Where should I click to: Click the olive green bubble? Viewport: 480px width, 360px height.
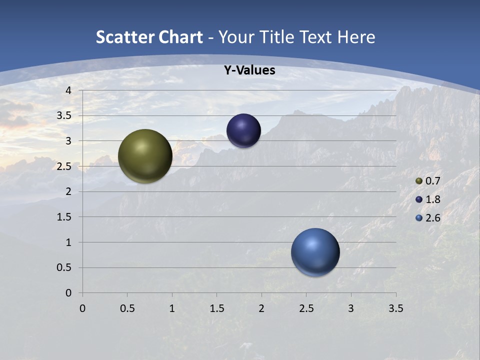pyautogui.click(x=145, y=156)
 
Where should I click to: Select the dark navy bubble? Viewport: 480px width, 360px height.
pyautogui.click(x=243, y=131)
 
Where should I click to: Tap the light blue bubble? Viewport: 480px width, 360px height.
pyautogui.click(x=315, y=252)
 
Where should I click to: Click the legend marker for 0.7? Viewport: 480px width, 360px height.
pyautogui.click(x=419, y=181)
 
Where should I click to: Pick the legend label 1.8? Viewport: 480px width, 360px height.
pyautogui.click(x=432, y=199)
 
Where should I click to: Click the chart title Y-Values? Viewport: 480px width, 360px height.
pyautogui.click(x=249, y=70)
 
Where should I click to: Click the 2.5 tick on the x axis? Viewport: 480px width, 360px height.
pyautogui.click(x=306, y=308)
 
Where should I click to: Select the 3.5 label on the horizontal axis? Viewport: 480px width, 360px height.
pyautogui.click(x=395, y=308)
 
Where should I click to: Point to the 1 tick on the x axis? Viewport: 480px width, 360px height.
pyautogui.click(x=172, y=308)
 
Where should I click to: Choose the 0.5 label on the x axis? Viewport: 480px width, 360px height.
pyautogui.click(x=127, y=308)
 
